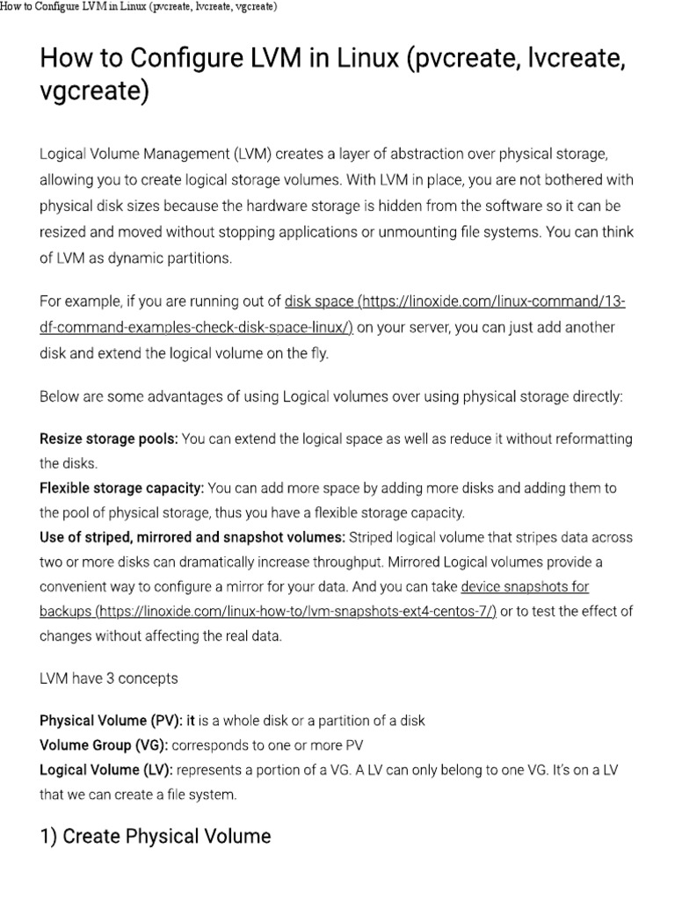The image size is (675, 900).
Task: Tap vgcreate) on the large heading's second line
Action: pyautogui.click(x=95, y=91)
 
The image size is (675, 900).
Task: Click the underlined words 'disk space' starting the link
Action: pyautogui.click(x=318, y=302)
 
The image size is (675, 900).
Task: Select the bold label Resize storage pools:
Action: pyautogui.click(x=108, y=439)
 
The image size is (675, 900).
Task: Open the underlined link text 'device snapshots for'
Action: pyautogui.click(x=525, y=586)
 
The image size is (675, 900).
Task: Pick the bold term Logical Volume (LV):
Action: pyautogui.click(x=106, y=770)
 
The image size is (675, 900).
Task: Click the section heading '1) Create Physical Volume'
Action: pyautogui.click(x=156, y=836)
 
